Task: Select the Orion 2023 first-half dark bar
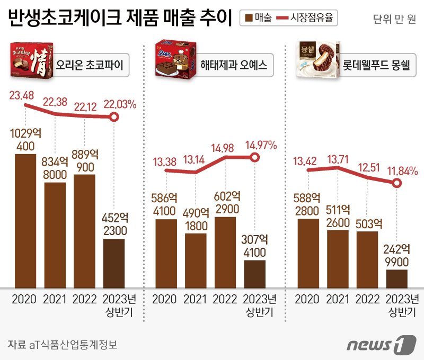click(x=113, y=263)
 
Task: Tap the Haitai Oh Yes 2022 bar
click(x=225, y=252)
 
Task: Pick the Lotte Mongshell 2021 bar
click(x=338, y=259)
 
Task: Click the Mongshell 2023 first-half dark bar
click(x=396, y=278)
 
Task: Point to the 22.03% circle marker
click(x=113, y=117)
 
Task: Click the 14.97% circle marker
click(x=255, y=158)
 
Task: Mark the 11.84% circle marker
click(x=396, y=183)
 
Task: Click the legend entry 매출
click(x=258, y=18)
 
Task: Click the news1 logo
click(x=380, y=345)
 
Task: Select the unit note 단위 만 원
click(x=395, y=20)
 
